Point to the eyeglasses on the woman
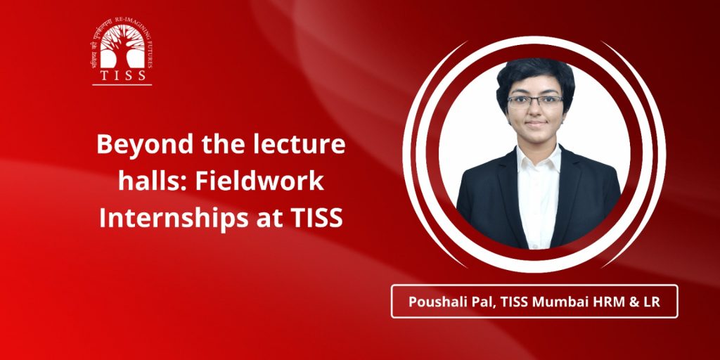(x=534, y=101)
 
